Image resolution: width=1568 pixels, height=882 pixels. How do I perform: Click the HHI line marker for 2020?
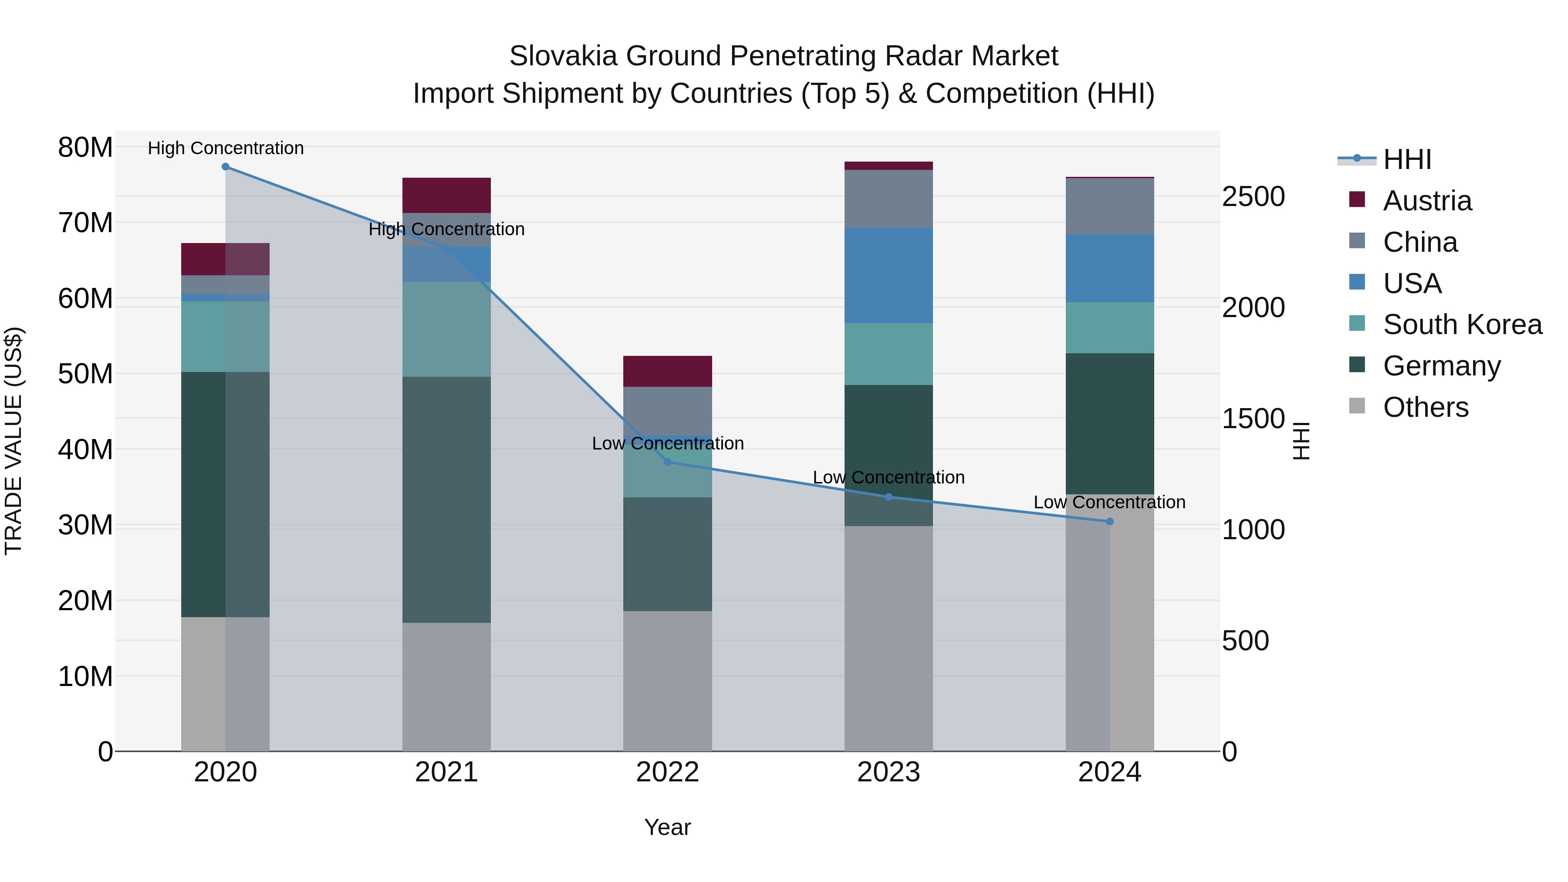(x=225, y=167)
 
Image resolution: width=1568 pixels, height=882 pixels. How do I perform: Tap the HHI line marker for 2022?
(x=667, y=462)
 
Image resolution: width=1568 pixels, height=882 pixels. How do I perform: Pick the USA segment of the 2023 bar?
(x=888, y=275)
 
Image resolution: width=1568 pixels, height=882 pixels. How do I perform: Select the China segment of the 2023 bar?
(x=888, y=199)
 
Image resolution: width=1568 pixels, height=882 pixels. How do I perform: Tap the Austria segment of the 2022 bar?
(x=667, y=371)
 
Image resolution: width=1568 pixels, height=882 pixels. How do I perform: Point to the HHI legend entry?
(x=1406, y=159)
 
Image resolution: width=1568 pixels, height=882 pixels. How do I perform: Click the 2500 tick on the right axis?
(x=1253, y=196)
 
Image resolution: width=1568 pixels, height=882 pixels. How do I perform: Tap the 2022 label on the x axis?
(x=667, y=772)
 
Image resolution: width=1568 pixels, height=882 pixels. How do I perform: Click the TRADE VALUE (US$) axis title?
(x=14, y=441)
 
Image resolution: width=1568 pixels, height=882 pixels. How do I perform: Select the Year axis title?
(x=667, y=827)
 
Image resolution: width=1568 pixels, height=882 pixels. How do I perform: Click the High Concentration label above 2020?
(x=225, y=148)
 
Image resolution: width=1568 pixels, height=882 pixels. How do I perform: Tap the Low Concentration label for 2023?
(x=888, y=477)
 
